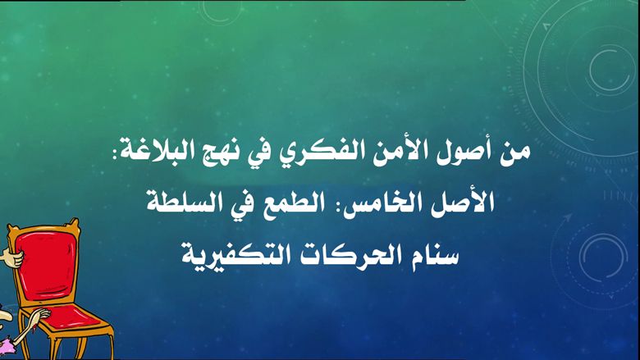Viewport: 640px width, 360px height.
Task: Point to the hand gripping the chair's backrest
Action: pyautogui.click(x=10, y=257)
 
